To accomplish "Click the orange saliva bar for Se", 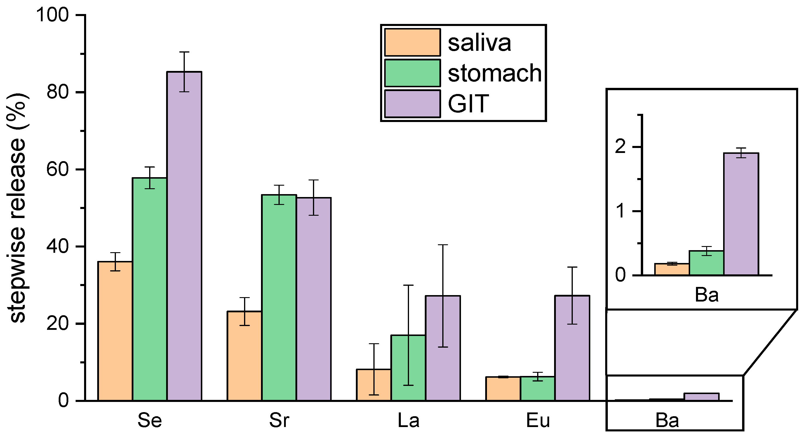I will [x=115, y=331].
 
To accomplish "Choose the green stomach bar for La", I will [x=408, y=368].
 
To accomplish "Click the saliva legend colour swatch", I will [x=412, y=42].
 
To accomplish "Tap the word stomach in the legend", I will [x=495, y=73].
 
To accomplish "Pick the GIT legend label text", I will [x=468, y=104].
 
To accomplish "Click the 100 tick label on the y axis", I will [x=53, y=15].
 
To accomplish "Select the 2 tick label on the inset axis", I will [x=620, y=146].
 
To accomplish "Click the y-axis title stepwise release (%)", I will [x=18, y=208].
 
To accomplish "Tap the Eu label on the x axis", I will [x=538, y=420].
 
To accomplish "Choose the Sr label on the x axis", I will [x=279, y=420].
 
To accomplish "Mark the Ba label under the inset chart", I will [x=706, y=295].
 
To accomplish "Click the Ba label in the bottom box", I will [x=667, y=420].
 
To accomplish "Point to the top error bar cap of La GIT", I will [x=443, y=245].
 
